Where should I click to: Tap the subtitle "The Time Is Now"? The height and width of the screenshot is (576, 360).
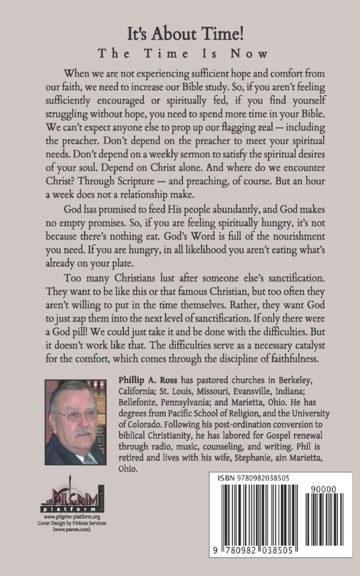(x=180, y=53)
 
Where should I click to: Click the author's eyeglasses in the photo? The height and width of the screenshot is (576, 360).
(x=76, y=414)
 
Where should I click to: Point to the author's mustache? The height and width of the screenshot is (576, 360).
(x=81, y=431)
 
